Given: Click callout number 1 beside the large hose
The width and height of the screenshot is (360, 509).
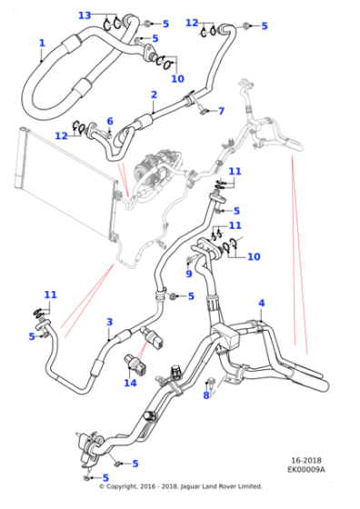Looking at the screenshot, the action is point(42,44).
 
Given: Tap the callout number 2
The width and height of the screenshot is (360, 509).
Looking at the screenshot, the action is point(154,95).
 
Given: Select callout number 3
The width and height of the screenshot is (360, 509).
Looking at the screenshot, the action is point(110,322).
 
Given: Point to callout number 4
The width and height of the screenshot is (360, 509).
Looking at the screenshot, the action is point(261,304).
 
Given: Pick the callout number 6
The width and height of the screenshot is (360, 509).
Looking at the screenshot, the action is point(110,122).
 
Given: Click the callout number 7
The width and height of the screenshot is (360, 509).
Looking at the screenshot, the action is point(222,111).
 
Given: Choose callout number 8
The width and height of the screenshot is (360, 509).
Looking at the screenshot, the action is point(206,395).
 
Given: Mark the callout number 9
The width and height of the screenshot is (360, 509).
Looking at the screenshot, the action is point(189,274).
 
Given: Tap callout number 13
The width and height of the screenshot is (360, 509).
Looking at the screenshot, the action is point(85,15).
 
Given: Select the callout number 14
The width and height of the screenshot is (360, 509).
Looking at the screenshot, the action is point(130,383).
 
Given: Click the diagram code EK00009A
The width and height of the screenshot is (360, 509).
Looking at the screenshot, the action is point(305,469).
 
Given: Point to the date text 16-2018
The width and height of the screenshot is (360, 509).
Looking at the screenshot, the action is point(306,460).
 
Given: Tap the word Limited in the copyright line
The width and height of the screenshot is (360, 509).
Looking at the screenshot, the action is point(250,486).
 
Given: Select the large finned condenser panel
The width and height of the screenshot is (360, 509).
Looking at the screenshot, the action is point(65,188).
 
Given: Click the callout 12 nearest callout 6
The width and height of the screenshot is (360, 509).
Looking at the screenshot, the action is point(61,135).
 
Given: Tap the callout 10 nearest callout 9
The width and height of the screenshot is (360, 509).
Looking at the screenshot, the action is point(254,256).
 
